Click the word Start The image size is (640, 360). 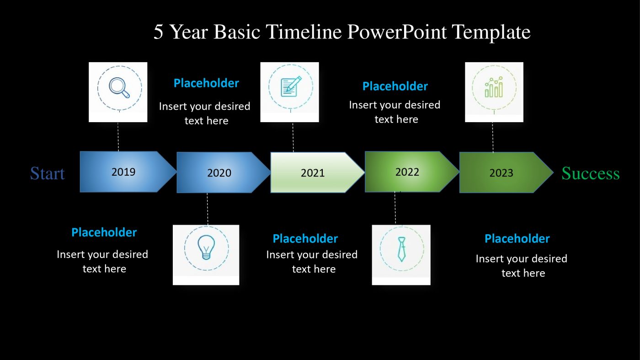point(48,173)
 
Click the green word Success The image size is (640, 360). point(591,173)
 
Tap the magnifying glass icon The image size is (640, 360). point(119,88)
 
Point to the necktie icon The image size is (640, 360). point(402,249)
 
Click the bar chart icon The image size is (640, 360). point(494,87)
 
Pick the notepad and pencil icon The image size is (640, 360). point(291,86)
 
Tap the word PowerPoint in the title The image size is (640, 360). point(397,32)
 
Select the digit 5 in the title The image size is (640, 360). point(158,32)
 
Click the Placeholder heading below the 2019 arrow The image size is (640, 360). point(104,232)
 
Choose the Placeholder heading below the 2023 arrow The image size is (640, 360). point(517,239)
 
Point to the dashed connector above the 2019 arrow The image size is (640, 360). point(118,137)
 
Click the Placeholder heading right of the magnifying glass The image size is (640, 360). point(206,83)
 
